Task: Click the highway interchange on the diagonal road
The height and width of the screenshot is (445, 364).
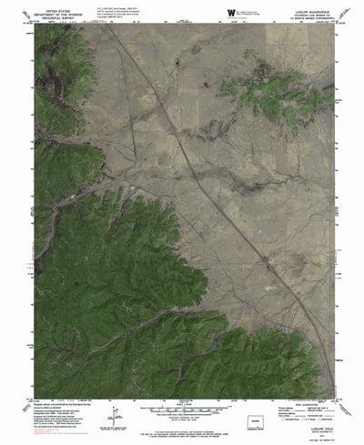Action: pyautogui.click(x=265, y=265)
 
